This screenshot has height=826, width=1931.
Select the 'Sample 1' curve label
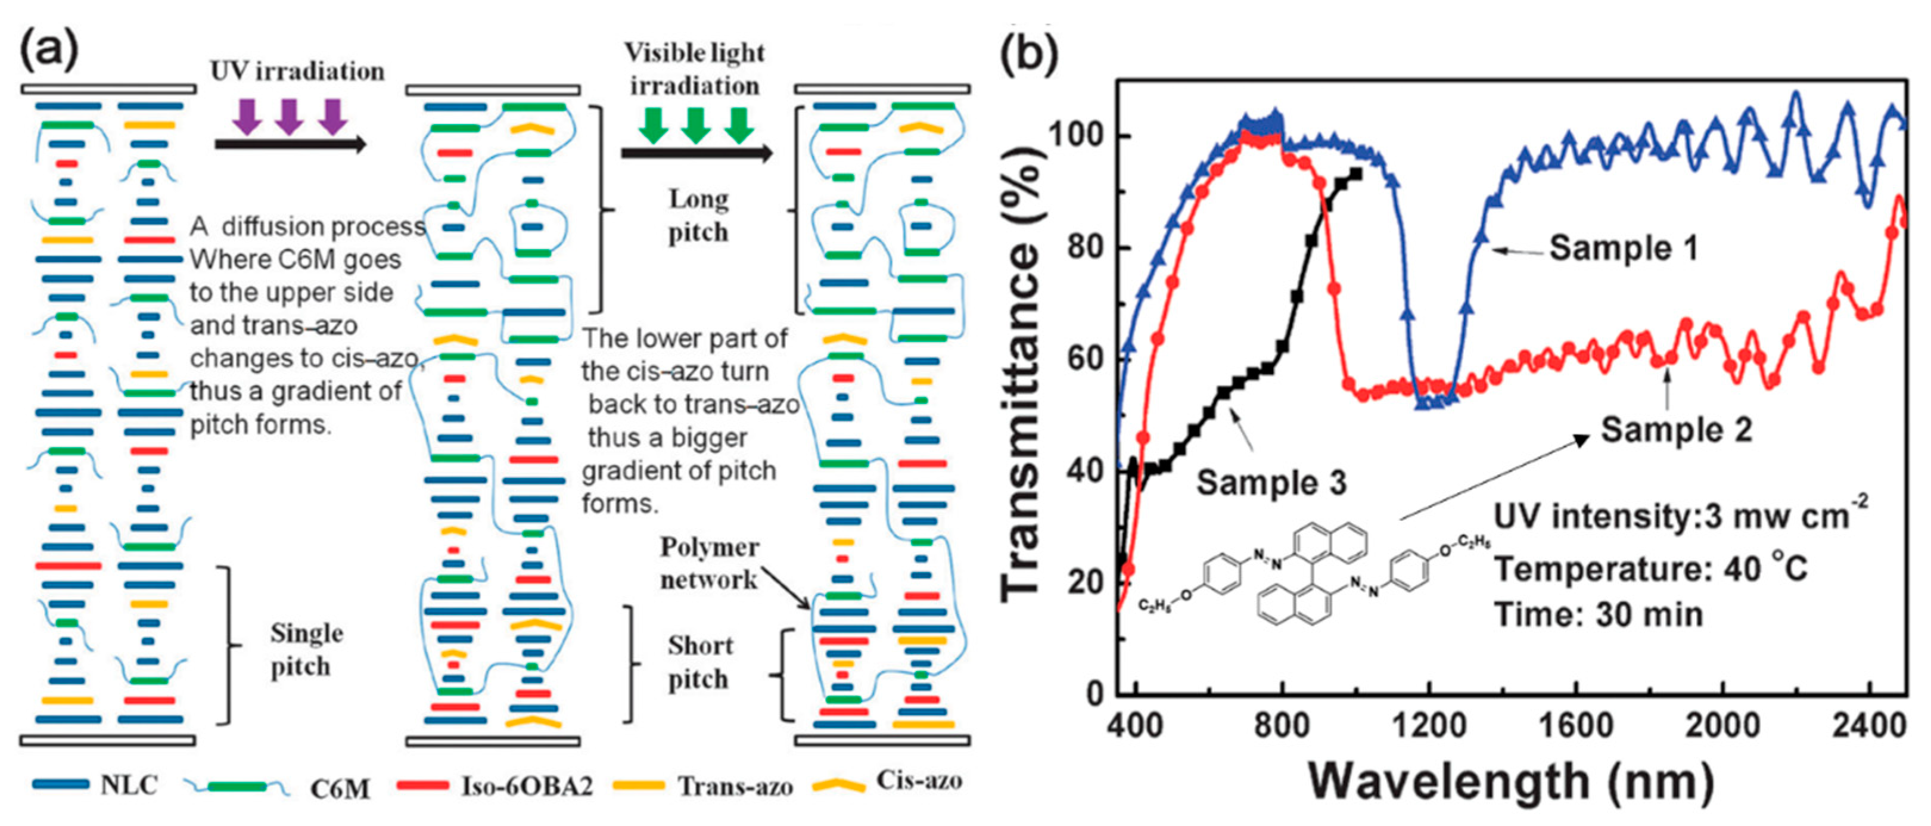click(1623, 248)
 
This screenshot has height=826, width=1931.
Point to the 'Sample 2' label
click(1676, 430)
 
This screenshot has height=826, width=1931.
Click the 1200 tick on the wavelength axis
click(1429, 725)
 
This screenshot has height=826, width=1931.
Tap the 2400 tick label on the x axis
click(1870, 725)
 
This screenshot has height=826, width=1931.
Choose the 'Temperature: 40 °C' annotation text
click(1652, 569)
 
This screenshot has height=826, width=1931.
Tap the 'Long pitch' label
click(698, 216)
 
